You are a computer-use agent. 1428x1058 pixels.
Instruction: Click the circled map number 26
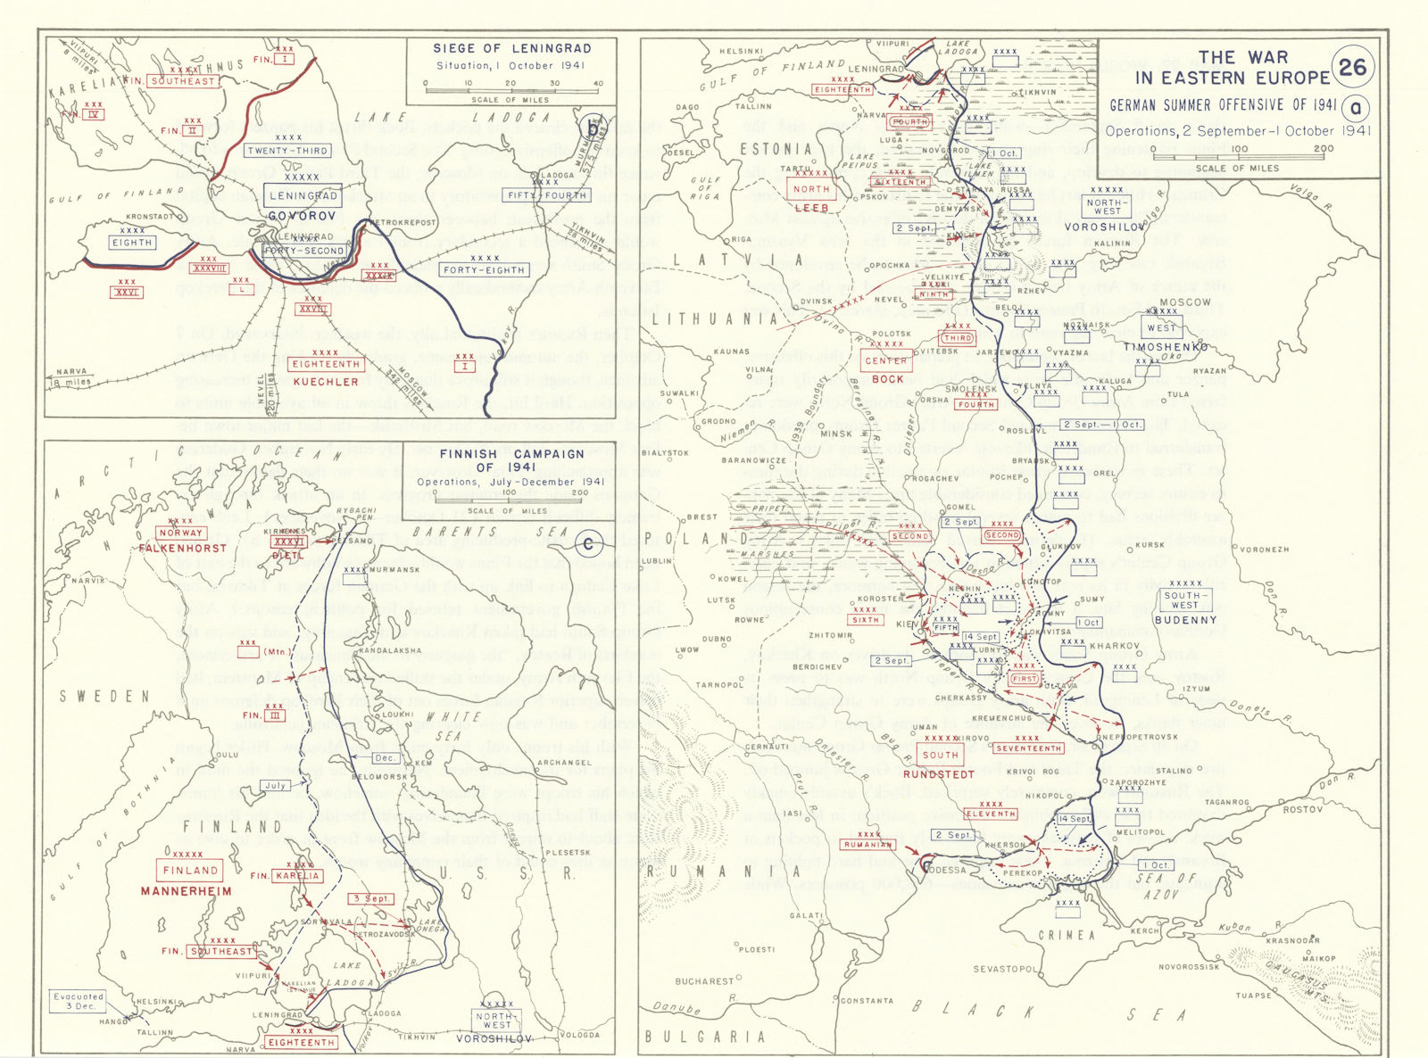1352,67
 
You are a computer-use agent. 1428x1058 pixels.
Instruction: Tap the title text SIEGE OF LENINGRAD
511,48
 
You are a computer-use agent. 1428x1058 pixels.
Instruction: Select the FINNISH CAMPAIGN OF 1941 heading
511,460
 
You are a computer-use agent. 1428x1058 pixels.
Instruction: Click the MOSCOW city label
1185,302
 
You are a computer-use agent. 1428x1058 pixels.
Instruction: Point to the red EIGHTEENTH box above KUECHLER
326,364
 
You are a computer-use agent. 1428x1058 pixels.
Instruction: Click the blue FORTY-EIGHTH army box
485,269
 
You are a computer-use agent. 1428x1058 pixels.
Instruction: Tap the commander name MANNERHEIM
186,891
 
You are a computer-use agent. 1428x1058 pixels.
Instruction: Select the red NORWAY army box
181,533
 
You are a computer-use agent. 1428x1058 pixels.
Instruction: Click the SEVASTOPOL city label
1004,969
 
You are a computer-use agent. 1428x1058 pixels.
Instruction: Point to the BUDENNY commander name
1185,620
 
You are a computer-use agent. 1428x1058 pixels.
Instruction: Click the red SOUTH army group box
940,755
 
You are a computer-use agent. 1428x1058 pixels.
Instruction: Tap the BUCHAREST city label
704,981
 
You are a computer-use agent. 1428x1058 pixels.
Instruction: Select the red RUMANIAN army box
868,844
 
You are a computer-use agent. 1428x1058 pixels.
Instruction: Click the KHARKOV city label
1115,646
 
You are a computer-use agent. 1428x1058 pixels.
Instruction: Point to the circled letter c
587,544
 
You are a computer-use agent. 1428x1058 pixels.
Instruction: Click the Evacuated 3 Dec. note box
79,1001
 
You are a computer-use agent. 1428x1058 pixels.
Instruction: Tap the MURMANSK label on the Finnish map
394,569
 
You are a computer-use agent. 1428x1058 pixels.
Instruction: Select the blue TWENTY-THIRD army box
288,151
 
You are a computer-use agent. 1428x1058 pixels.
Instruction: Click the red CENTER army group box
886,360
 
